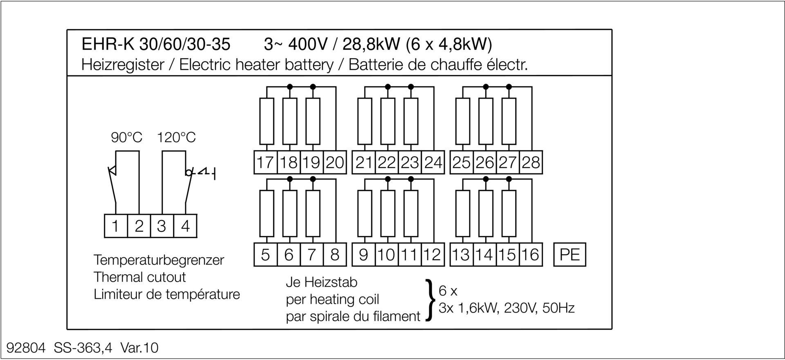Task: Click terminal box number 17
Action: click(266, 162)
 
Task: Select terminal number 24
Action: click(433, 162)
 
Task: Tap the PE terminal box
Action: click(570, 255)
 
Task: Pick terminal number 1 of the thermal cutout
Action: click(116, 226)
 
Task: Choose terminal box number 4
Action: click(185, 226)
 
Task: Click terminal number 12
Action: click(433, 255)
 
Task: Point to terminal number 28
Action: click(531, 162)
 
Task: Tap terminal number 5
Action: click(266, 255)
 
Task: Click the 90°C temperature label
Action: click(127, 137)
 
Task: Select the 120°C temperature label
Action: click(177, 137)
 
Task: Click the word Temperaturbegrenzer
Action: click(159, 260)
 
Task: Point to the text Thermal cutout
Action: click(140, 277)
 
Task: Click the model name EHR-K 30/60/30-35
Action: click(156, 44)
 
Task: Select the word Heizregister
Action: click(123, 65)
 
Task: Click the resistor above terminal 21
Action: click(365, 121)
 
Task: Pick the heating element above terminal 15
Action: click(509, 213)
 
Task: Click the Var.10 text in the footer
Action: click(139, 348)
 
